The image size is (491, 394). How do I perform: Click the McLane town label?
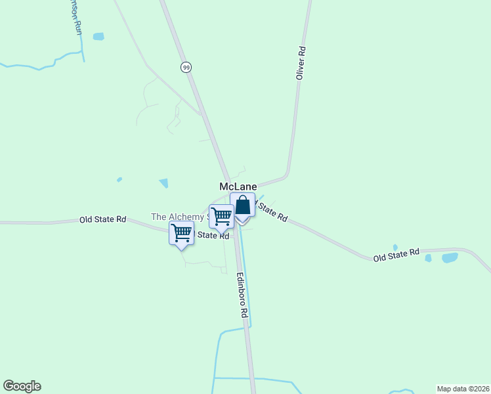coord(238,186)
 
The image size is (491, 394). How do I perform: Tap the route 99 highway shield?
coord(186,67)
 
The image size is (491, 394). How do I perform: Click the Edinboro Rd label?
coord(242,295)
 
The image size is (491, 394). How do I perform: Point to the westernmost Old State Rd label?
coord(102,219)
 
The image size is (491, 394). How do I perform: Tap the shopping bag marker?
coord(242,206)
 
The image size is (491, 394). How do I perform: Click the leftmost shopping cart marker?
coord(181,233)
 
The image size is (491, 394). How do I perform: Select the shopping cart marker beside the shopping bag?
coord(222,216)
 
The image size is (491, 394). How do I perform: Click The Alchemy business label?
coord(177,217)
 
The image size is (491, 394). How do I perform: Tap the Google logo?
coord(22,386)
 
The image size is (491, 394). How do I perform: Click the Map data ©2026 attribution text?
coord(462,388)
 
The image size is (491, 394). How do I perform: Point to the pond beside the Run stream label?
coord(98,36)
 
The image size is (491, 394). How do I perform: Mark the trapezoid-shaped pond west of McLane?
coord(163,183)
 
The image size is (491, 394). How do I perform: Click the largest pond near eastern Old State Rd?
coord(450,257)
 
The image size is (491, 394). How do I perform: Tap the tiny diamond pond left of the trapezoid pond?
coord(119,179)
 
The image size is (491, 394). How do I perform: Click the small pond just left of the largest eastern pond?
coord(428,258)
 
